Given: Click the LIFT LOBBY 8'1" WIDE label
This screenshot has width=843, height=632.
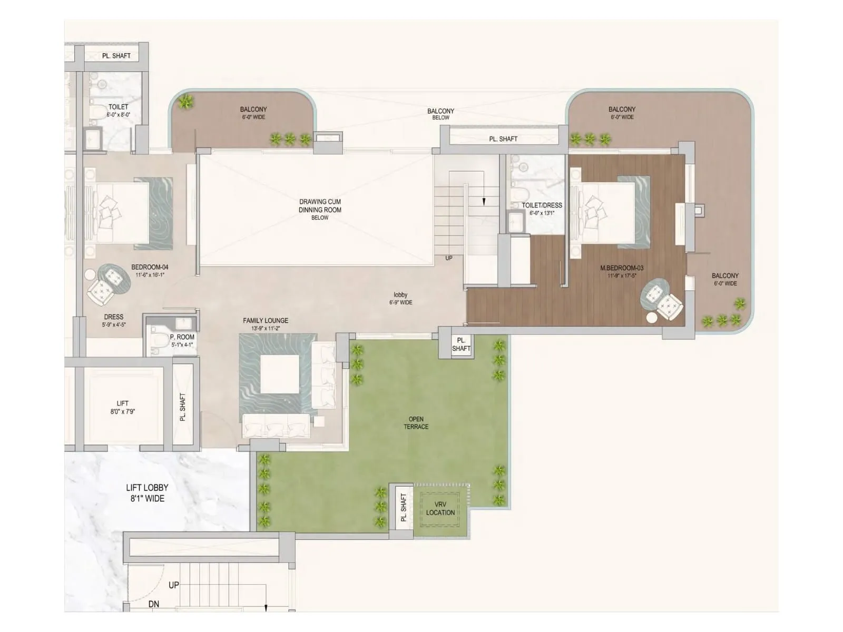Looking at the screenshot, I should click(x=147, y=493).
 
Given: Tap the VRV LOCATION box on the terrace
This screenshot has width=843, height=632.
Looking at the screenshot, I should click(x=440, y=508).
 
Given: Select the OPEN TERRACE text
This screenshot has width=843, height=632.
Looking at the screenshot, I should click(x=416, y=423).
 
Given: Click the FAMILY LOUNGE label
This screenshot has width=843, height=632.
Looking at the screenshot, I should click(x=265, y=320).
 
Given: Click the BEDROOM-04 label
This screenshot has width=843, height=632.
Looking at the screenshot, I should click(x=150, y=267).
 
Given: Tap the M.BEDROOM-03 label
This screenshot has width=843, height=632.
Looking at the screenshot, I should click(x=622, y=268).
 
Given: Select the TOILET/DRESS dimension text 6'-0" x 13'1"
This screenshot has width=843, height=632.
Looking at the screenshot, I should click(x=542, y=213).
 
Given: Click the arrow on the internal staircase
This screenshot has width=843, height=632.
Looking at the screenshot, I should click(x=483, y=200).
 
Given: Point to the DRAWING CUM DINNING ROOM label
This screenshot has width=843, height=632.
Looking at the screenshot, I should click(x=320, y=206).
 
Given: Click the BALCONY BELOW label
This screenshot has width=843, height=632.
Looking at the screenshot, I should click(x=440, y=114).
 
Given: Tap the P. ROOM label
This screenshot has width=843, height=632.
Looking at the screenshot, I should click(x=182, y=337).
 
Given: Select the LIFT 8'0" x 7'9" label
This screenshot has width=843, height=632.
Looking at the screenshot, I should click(x=122, y=407).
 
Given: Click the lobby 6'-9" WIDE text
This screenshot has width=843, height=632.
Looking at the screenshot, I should click(x=400, y=299).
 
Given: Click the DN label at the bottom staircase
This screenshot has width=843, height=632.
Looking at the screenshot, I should click(x=153, y=604).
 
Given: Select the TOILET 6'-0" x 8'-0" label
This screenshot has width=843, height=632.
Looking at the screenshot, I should click(x=118, y=110).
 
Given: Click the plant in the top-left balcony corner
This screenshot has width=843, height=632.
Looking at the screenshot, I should click(x=185, y=102).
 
